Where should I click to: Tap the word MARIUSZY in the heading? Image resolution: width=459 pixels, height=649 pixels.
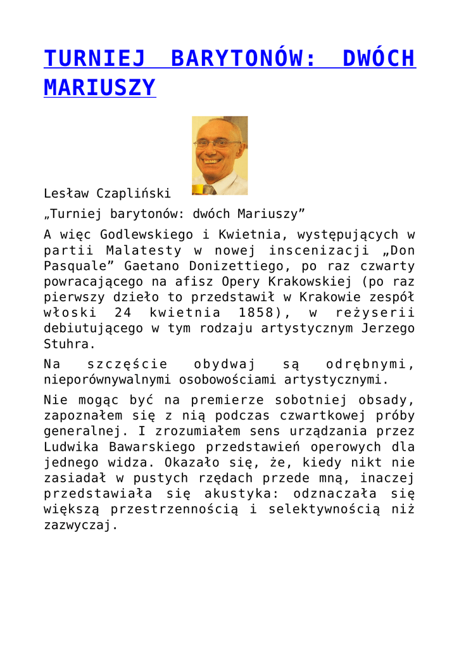[99, 87]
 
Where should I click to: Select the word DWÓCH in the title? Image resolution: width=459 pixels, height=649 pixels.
[379, 58]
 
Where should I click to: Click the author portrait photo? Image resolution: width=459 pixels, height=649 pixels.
[220, 155]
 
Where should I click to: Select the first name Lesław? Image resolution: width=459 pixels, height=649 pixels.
[66, 193]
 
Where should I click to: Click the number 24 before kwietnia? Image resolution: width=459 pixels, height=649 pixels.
[123, 312]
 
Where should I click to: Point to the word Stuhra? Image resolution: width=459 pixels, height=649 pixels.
[68, 344]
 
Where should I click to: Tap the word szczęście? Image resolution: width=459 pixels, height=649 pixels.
[127, 364]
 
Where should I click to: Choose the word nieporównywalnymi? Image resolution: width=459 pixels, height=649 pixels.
[108, 380]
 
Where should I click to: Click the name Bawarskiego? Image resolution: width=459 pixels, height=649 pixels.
[141, 447]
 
